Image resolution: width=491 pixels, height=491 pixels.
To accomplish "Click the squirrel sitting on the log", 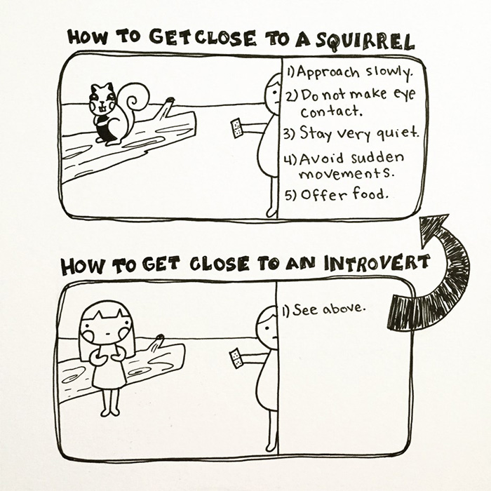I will [109, 112].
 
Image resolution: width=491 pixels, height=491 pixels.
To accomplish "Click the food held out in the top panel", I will [236, 127].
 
